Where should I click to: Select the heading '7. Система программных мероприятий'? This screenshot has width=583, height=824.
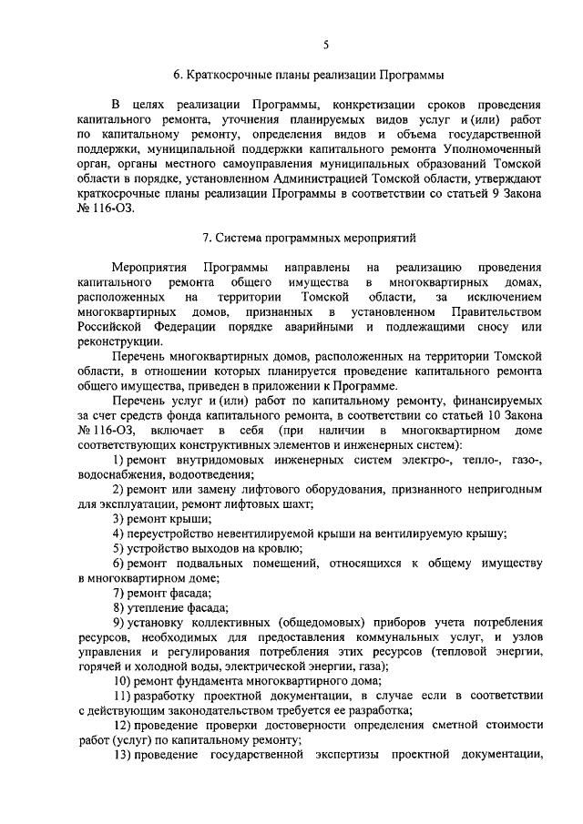[308, 239]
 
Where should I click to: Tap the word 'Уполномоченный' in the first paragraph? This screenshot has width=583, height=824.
[492, 148]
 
